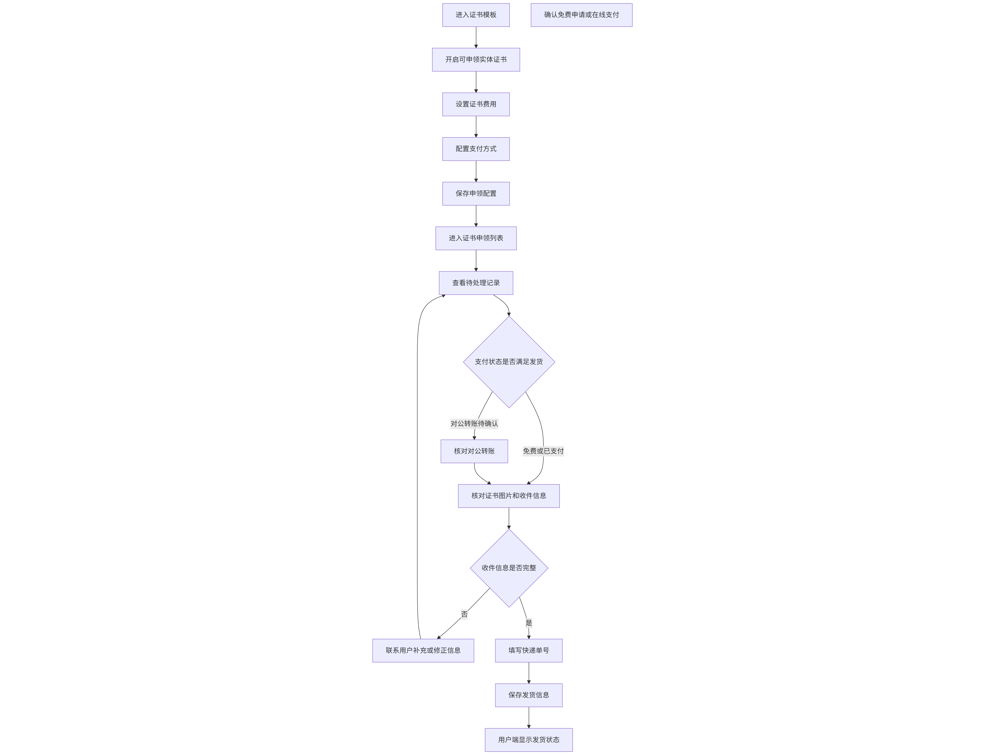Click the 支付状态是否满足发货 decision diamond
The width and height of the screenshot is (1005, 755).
(509, 362)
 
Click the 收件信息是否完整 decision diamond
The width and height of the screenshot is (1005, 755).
(509, 568)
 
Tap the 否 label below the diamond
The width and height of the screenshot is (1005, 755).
(464, 614)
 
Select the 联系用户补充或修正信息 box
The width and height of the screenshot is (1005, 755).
(423, 650)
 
